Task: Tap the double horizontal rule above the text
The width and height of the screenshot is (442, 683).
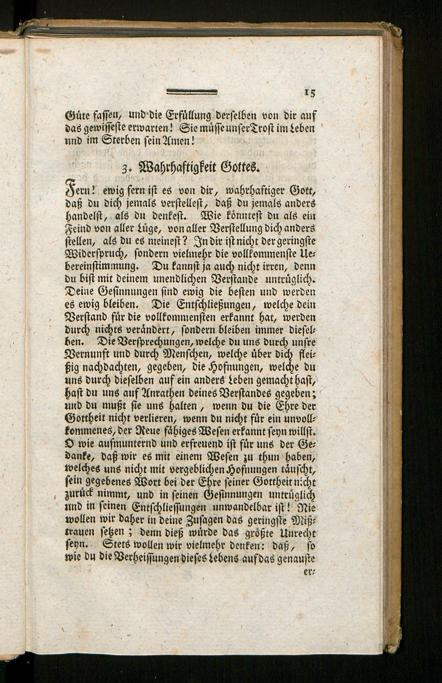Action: coord(192,92)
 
